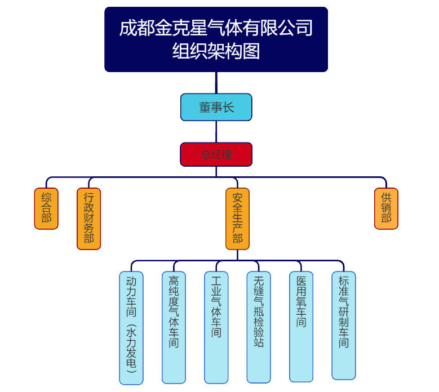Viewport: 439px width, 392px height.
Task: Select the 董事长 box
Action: pos(216,107)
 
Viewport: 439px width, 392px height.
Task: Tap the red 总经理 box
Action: pos(216,154)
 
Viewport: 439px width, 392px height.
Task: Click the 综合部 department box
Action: pos(46,208)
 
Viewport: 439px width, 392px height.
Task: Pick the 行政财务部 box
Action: pos(88,219)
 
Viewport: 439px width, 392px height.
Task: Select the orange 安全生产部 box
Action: pos(237,219)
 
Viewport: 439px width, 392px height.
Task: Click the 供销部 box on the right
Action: pos(386,208)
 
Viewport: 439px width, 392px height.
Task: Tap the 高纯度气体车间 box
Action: pos(174,327)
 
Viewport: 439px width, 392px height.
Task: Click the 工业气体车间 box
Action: pos(216,327)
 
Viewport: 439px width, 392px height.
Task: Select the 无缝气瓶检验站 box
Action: pos(259,327)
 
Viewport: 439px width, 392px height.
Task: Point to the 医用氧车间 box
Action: pos(301,327)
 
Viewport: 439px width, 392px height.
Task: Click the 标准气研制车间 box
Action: pos(344,326)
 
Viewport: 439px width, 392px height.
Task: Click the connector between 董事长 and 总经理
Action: pos(216,132)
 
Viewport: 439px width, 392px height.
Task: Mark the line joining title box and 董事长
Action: pos(216,82)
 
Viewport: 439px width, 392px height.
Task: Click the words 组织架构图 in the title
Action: pos(216,51)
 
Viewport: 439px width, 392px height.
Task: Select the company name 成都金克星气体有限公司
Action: pos(216,28)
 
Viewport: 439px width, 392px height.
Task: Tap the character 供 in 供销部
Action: pos(386,198)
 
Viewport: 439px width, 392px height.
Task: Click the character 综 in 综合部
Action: pos(46,198)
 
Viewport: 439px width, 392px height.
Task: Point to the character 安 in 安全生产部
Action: pos(237,198)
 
